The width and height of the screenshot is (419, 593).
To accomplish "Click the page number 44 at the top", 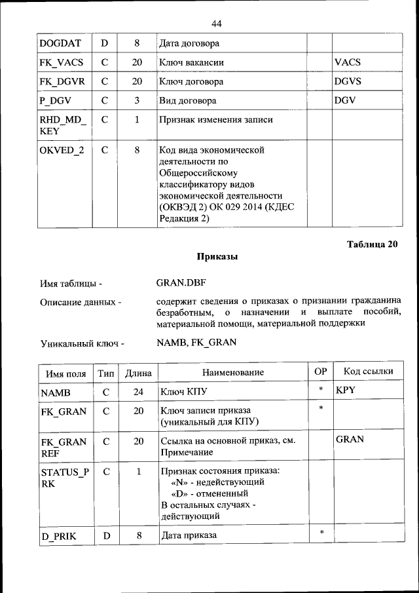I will tap(217, 24).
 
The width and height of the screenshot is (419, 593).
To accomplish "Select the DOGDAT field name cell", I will tap(60, 44).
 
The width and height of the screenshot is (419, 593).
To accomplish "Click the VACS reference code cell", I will tap(348, 63).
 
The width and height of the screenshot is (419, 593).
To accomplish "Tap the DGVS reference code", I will tap(348, 82).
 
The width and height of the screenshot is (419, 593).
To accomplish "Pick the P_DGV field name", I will tap(55, 101).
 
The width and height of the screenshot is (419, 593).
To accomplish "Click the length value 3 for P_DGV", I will tap(137, 101).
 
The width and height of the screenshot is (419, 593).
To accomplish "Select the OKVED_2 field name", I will tap(62, 150).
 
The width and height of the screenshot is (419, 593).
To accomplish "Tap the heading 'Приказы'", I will tap(217, 257).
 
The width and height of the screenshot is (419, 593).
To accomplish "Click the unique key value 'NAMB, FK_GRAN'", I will tap(196, 342).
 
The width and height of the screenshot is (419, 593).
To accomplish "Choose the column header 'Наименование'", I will tap(232, 372).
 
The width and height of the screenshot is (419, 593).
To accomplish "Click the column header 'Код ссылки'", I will tap(368, 372).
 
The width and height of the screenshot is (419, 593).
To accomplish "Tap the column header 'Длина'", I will tap(138, 372).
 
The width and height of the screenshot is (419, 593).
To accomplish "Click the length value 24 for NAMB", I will tap(137, 392).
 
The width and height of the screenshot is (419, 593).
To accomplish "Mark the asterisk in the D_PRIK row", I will tap(321, 533).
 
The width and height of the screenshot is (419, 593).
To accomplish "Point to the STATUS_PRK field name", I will tap(63, 478).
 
